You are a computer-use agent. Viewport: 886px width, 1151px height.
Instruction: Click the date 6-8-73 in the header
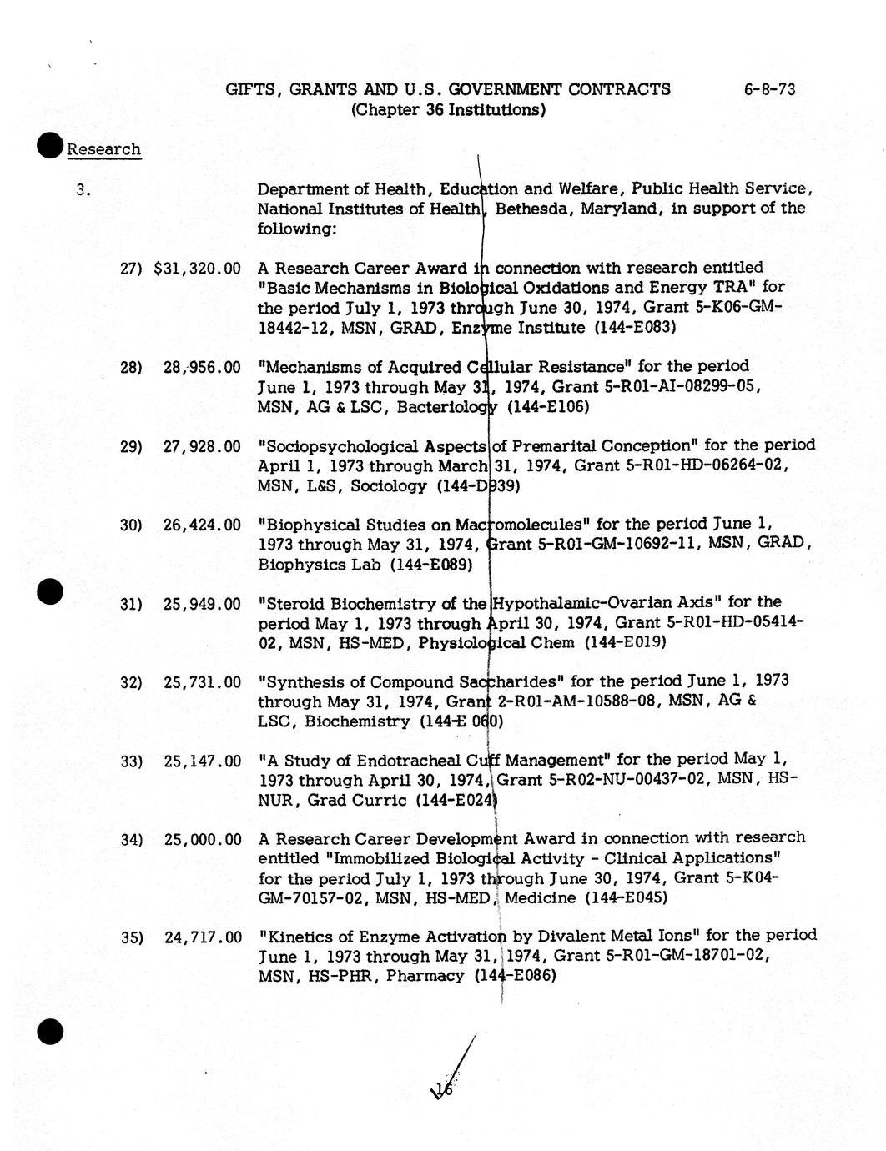769,89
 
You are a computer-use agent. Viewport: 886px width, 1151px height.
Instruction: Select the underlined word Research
103,150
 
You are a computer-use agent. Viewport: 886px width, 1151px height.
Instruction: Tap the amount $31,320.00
198,269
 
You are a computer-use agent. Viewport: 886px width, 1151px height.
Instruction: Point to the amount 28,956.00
202,367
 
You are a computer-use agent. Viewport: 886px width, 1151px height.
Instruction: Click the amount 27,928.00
202,446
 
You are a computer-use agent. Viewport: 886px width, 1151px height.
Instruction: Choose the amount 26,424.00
202,525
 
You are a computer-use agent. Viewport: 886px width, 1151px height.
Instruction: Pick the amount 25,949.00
202,604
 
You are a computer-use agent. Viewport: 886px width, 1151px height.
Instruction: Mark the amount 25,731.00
202,682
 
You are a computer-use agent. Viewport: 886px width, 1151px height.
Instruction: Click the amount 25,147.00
202,761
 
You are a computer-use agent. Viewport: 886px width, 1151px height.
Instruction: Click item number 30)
131,525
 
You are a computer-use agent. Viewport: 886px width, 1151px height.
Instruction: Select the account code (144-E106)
547,407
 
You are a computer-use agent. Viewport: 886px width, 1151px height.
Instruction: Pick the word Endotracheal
407,761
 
